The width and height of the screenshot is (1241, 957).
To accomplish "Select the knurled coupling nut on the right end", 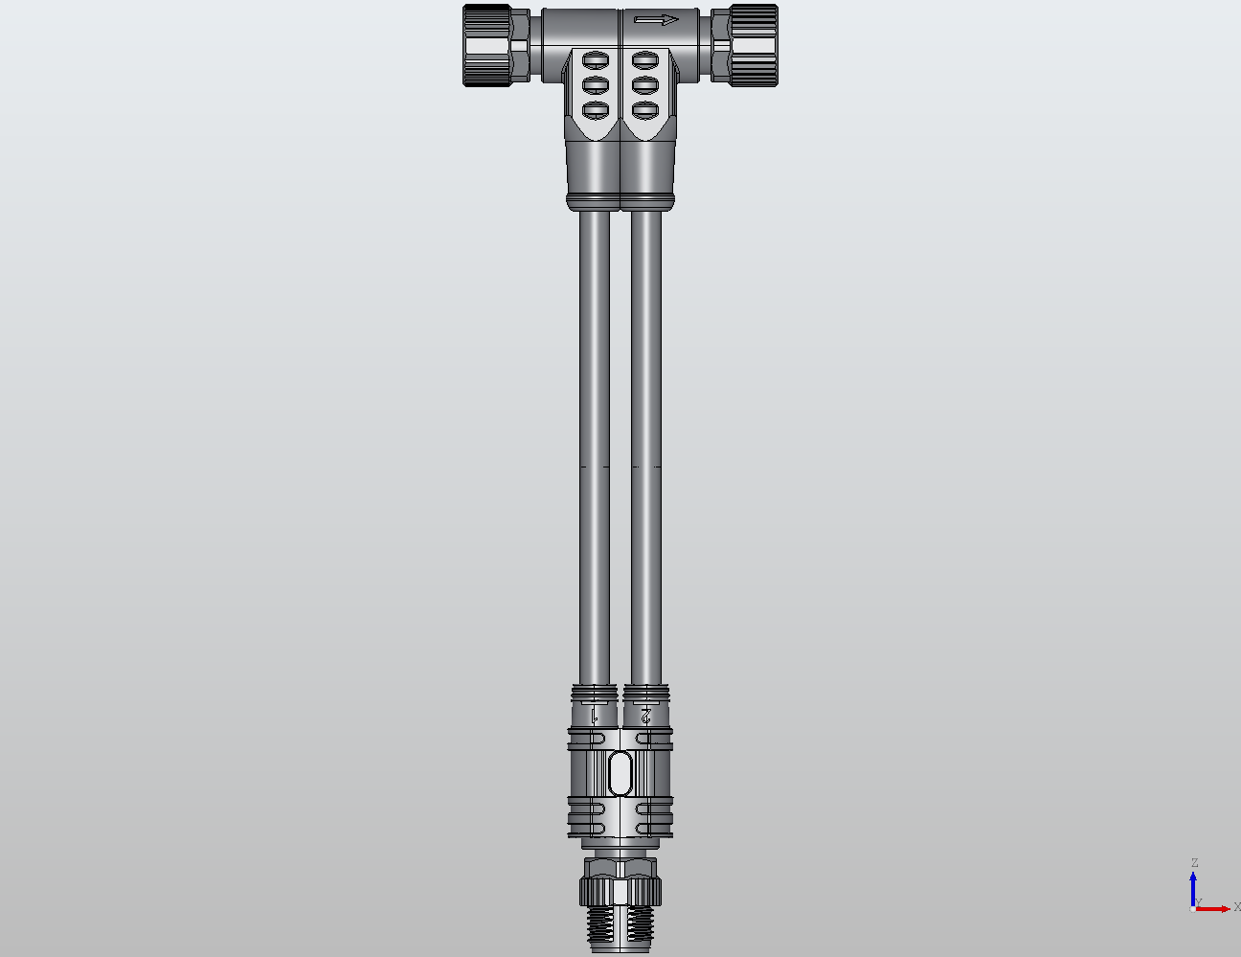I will pos(754,45).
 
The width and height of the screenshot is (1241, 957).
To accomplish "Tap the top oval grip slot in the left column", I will pos(596,60).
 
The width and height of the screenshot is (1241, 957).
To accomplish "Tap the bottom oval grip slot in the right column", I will pos(645,109).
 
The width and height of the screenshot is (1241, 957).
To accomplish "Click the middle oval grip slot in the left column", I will pos(596,85).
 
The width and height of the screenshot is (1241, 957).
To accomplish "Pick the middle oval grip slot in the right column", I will pos(645,85).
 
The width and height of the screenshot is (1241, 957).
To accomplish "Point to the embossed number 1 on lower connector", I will pos(595,715).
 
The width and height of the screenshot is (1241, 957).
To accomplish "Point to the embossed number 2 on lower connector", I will pos(646,715).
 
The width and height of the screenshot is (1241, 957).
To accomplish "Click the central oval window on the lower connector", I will pos(620,772).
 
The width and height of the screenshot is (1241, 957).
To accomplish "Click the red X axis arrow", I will pos(1214,908).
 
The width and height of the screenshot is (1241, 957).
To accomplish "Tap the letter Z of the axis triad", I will pos(1194,863).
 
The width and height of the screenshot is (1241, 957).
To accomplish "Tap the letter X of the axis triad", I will pos(1236,906).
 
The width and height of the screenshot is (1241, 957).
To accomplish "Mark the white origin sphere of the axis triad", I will pos(1193,908).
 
